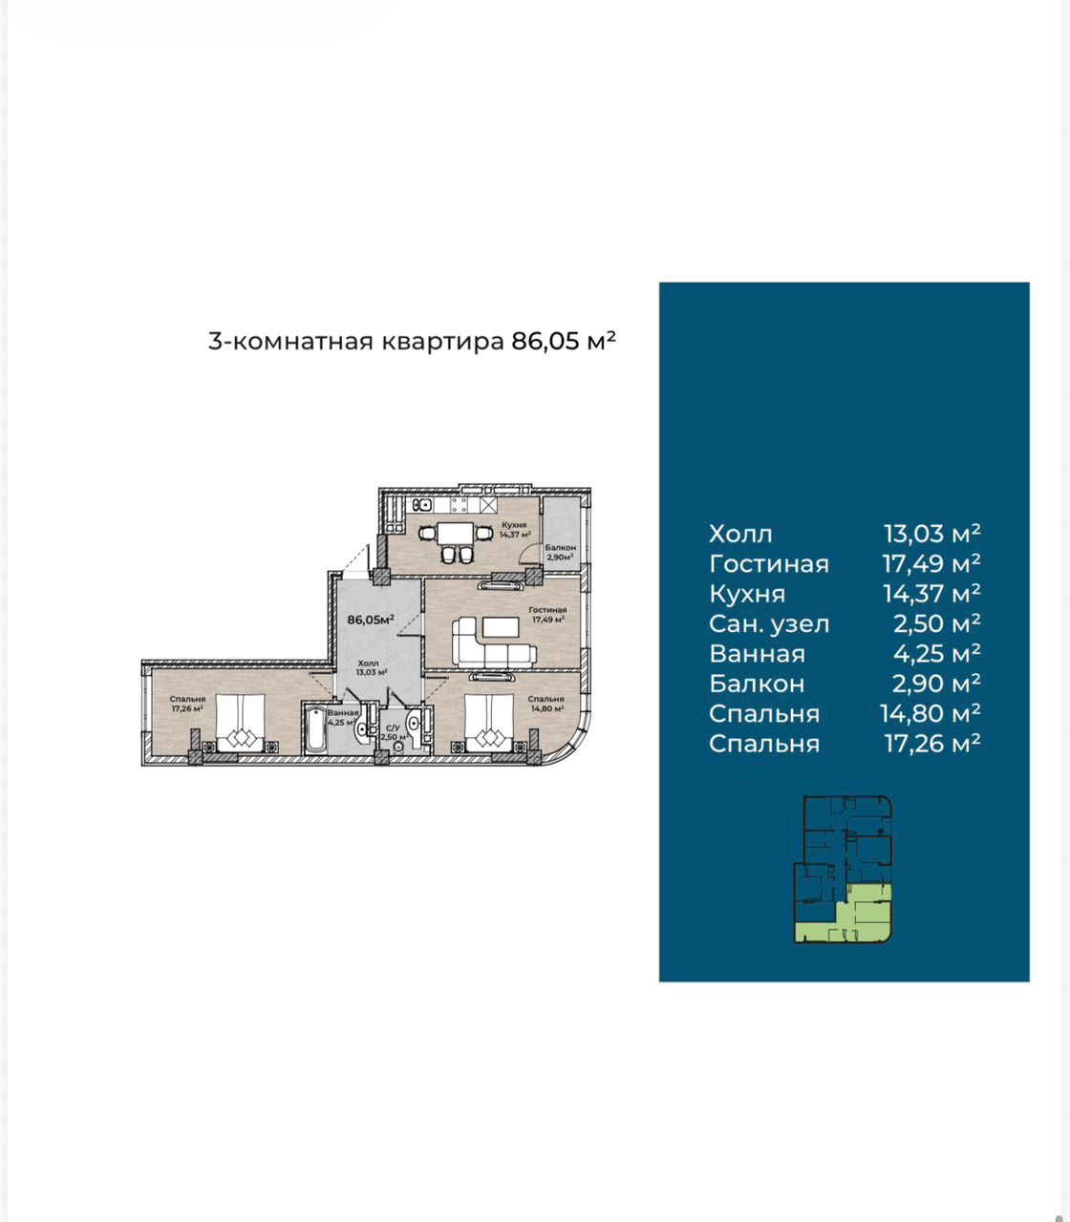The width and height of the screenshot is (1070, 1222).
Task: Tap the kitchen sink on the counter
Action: [423, 505]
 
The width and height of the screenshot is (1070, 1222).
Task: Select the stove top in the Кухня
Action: [460, 505]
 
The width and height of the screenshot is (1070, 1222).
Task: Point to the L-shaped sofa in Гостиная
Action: [493, 643]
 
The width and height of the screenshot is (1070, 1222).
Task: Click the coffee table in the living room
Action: [501, 628]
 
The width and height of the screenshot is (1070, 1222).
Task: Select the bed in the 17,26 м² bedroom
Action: [241, 722]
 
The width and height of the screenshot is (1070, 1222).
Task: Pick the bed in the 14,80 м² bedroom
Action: [489, 722]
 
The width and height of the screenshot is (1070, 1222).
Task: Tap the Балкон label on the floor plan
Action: [560, 548]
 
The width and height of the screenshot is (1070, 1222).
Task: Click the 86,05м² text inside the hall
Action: [371, 620]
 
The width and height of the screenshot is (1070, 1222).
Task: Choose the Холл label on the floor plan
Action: [368, 663]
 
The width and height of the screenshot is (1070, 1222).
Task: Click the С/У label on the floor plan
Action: [393, 728]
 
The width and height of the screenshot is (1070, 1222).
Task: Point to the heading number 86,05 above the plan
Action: [546, 341]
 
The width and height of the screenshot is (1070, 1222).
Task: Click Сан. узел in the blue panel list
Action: [769, 624]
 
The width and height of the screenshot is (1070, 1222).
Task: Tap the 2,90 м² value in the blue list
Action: [936, 684]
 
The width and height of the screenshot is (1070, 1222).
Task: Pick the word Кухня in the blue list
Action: [746, 594]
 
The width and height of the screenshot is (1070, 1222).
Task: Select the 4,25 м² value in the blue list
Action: [936, 653]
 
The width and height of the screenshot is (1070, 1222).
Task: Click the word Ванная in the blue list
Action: [757, 654]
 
